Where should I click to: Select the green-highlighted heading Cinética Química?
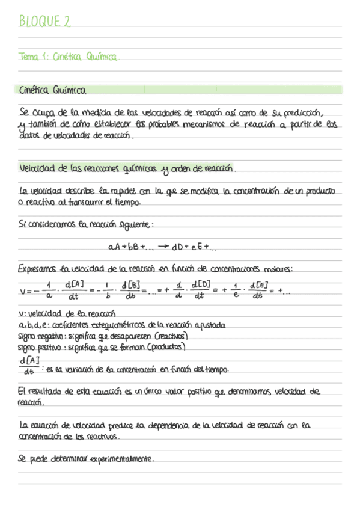(x=53, y=91)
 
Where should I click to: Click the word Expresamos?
(x=38, y=268)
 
